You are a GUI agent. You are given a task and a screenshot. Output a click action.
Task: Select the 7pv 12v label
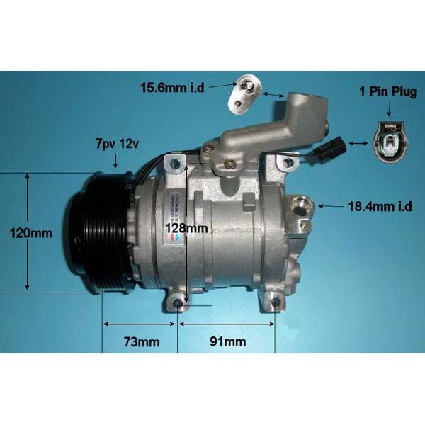(x=117, y=144)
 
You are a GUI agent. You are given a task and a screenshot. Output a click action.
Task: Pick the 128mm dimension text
(x=186, y=228)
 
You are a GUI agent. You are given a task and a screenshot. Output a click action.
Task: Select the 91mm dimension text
(x=227, y=342)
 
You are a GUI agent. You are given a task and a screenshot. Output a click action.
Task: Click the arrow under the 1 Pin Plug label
(x=388, y=109)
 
